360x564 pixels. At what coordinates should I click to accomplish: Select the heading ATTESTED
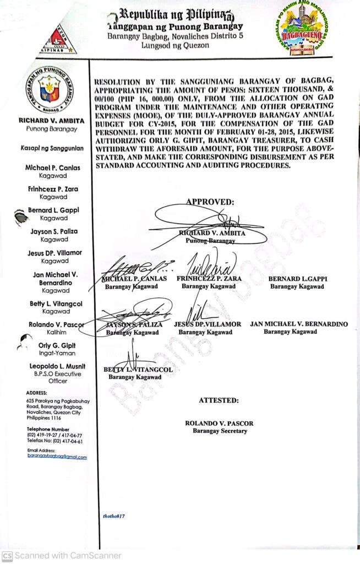pyautogui.click(x=219, y=400)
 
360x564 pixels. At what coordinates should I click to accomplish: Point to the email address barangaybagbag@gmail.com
pyautogui.click(x=57, y=457)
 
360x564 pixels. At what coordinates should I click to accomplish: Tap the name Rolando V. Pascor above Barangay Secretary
pyautogui.click(x=219, y=424)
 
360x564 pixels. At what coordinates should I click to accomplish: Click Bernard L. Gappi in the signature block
pyautogui.click(x=298, y=279)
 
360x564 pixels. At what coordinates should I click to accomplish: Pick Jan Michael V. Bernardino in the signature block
pyautogui.click(x=299, y=324)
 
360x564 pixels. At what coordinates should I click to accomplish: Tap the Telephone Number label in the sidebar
pyautogui.click(x=48, y=429)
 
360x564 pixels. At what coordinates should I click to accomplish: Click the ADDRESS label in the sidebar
pyautogui.click(x=36, y=393)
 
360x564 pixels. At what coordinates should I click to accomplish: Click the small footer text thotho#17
pyautogui.click(x=114, y=516)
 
